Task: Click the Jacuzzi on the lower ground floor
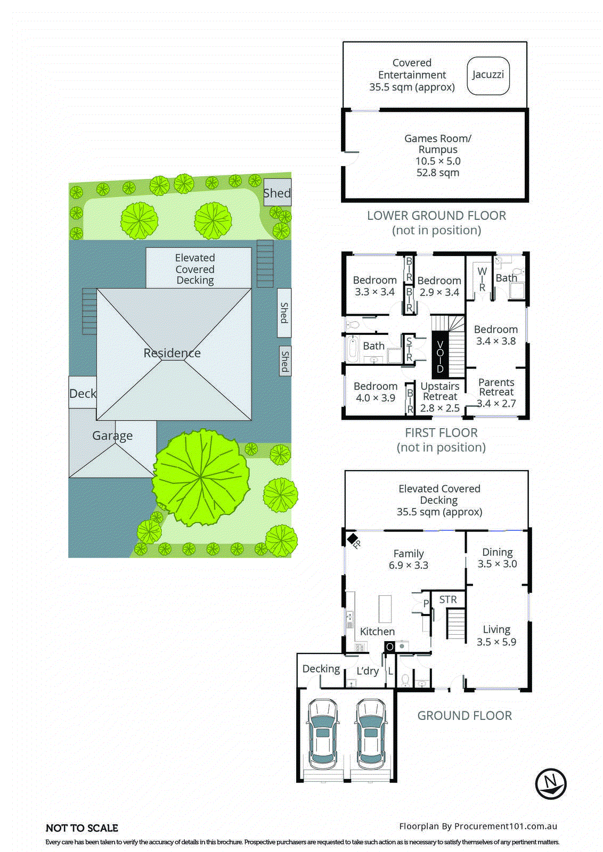(x=488, y=76)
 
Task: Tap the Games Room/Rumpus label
(x=437, y=144)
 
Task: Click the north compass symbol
(x=550, y=784)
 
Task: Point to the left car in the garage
(x=322, y=734)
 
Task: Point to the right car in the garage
(x=371, y=734)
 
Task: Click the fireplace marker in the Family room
(x=353, y=539)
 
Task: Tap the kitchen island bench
(x=385, y=609)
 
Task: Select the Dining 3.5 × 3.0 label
(x=497, y=558)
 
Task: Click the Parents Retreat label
(x=496, y=387)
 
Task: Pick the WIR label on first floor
(x=482, y=279)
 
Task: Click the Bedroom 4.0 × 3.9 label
(x=376, y=392)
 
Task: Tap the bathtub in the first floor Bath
(x=352, y=349)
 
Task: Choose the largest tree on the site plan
(x=201, y=478)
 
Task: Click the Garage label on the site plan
(x=112, y=436)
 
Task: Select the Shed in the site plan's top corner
(x=277, y=193)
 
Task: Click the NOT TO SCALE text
(x=82, y=828)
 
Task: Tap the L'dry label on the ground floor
(x=368, y=671)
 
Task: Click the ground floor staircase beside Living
(x=455, y=624)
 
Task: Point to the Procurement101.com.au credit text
(x=478, y=826)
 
